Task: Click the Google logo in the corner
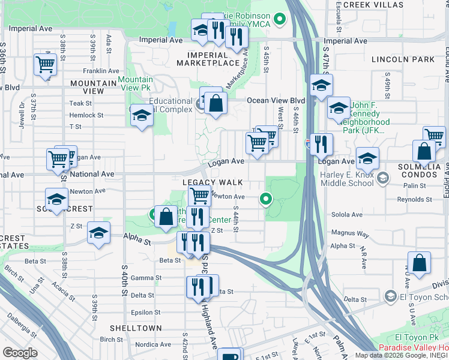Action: [x=20, y=353]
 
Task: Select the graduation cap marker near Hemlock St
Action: [x=141, y=115]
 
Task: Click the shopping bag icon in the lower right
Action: [x=421, y=263]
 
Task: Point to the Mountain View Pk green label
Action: [x=135, y=83]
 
